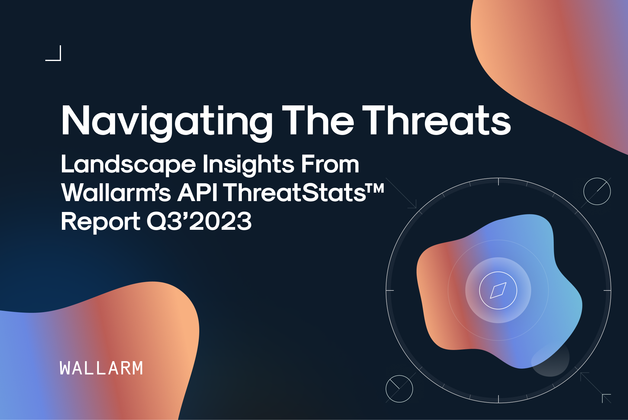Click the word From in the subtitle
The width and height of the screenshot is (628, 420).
click(330, 165)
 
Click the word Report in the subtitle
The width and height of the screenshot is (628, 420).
click(101, 222)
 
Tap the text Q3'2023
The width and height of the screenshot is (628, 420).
click(199, 221)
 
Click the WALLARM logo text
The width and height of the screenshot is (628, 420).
click(101, 368)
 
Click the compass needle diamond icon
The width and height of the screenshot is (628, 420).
click(498, 290)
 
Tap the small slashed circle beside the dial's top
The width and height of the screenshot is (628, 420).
click(597, 191)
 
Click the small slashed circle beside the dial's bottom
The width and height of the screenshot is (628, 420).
click(399, 389)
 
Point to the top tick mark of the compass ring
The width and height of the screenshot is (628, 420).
click(498, 181)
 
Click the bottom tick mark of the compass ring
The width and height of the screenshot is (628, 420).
click(498, 399)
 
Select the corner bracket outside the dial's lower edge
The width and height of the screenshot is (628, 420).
click(606, 398)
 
